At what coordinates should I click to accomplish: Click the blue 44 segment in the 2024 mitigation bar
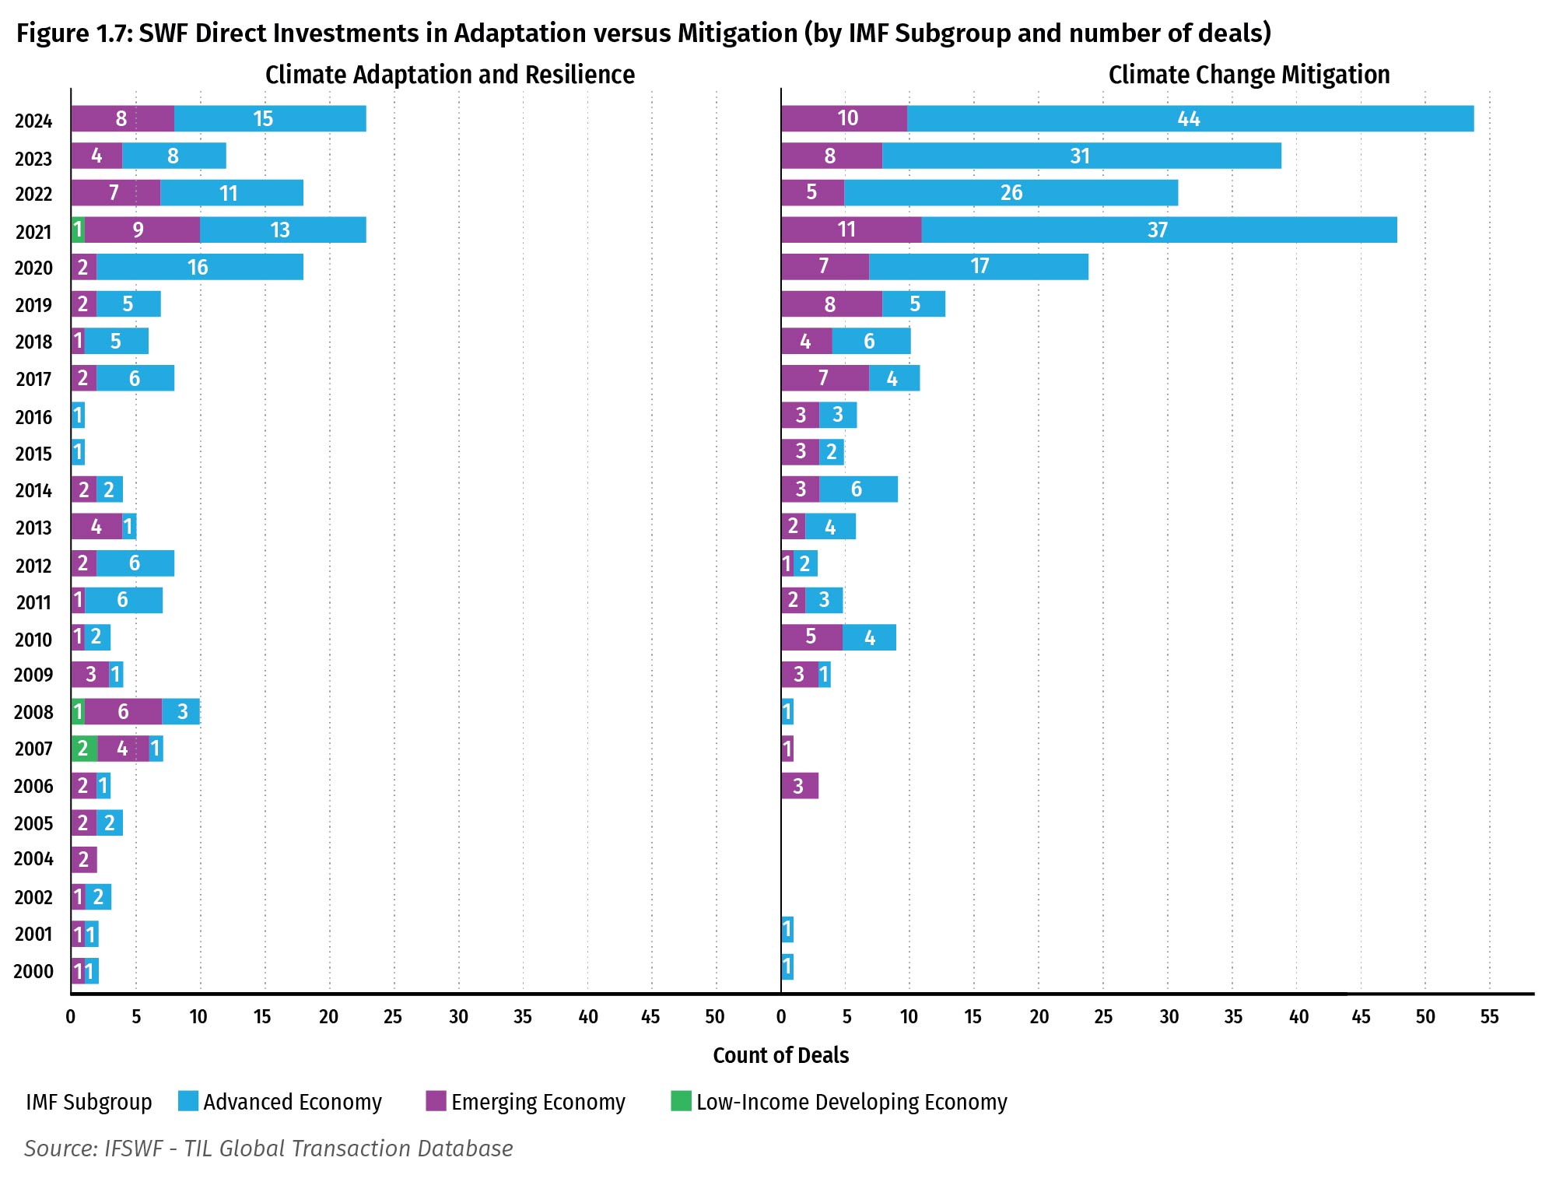click(x=1190, y=118)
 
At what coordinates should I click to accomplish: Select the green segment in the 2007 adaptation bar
click(x=84, y=749)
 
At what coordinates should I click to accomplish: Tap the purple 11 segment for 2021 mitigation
click(x=850, y=230)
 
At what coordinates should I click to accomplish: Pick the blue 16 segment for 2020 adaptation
click(x=199, y=267)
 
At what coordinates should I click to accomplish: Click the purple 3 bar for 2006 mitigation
click(x=799, y=786)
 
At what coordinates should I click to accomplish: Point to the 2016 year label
click(x=33, y=417)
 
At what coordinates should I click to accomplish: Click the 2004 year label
click(x=33, y=859)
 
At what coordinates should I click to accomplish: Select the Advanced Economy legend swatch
click(x=187, y=1101)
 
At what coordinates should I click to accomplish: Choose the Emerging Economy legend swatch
click(x=436, y=1101)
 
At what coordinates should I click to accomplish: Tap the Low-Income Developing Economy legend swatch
click(x=681, y=1101)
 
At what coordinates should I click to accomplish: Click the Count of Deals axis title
click(x=780, y=1055)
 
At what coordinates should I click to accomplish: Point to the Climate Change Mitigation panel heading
click(x=1249, y=75)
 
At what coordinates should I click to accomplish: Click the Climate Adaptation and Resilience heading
click(x=450, y=75)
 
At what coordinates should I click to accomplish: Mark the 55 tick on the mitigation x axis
click(x=1489, y=1016)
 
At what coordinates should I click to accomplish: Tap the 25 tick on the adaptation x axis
click(x=393, y=1016)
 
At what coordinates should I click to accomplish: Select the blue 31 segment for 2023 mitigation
click(x=1081, y=156)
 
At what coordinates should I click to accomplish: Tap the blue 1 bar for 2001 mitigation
click(x=787, y=929)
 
